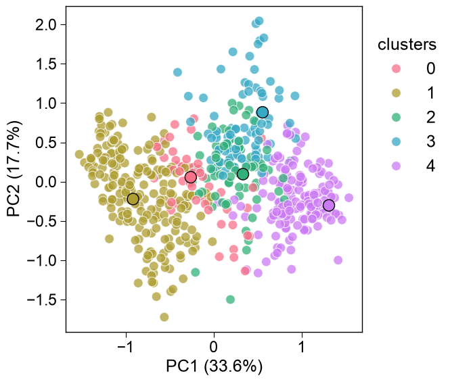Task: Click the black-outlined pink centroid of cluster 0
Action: click(191, 177)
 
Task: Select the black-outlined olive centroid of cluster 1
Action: click(133, 199)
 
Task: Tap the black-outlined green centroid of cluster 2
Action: click(243, 174)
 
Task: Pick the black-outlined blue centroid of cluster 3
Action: click(263, 112)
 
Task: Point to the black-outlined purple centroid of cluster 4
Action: click(329, 205)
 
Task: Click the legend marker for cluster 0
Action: click(396, 68)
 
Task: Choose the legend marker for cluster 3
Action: click(396, 142)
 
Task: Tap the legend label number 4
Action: click(430, 166)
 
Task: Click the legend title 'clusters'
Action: click(407, 45)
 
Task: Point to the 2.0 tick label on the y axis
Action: click(46, 25)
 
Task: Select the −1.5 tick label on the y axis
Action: click(42, 300)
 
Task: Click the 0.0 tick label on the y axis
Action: click(46, 182)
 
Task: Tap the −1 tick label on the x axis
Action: click(126, 348)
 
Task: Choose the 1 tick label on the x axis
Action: click(302, 348)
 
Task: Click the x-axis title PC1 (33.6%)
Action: click(214, 366)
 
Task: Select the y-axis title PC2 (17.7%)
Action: click(14, 169)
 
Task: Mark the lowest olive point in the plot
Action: click(164, 317)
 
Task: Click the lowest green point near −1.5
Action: click(231, 300)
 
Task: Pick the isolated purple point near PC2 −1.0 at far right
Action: click(338, 260)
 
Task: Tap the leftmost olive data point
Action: click(79, 154)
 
